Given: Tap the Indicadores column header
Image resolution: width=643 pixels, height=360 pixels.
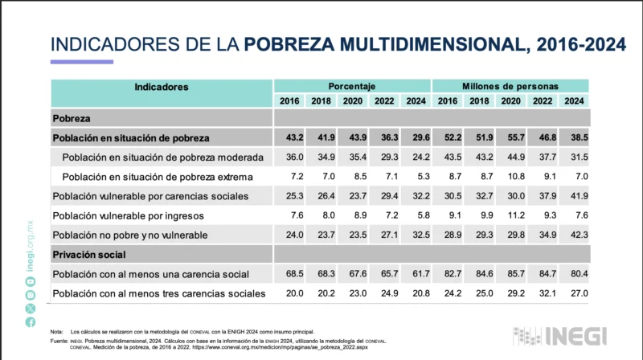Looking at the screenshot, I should click(x=162, y=86).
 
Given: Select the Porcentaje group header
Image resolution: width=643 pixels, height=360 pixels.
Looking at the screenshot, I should click(x=351, y=86).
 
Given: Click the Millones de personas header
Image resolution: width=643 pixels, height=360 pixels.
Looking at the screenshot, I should click(x=510, y=86).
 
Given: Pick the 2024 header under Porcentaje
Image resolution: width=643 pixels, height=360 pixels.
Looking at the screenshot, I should click(x=416, y=101).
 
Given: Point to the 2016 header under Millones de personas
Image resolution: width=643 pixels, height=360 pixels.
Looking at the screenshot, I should click(x=448, y=101).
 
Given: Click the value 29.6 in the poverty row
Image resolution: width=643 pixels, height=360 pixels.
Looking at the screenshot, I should click(x=416, y=138).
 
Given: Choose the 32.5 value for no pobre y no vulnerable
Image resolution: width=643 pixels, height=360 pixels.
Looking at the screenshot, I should click(x=416, y=235).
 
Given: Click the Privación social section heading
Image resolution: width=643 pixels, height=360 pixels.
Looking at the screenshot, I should click(x=90, y=255).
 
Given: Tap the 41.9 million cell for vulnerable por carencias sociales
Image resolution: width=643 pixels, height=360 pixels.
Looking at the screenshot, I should click(x=574, y=196).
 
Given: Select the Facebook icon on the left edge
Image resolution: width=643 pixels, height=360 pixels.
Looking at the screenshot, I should click(x=31, y=322).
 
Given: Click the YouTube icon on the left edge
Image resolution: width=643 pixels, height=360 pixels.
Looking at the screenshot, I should click(x=31, y=293).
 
